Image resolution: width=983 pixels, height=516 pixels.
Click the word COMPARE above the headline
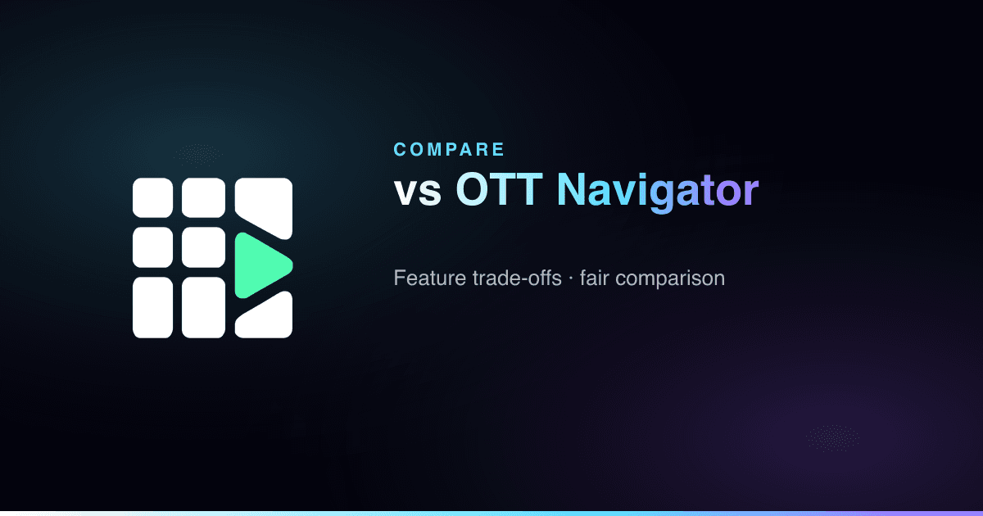tap(449, 150)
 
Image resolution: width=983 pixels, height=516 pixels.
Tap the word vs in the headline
tap(417, 192)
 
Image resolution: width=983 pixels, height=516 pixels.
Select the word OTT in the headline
tap(500, 189)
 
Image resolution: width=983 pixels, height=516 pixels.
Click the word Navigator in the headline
tap(657, 192)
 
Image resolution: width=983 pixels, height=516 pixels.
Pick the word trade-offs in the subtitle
tap(517, 278)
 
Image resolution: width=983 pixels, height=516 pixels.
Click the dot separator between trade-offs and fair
tap(571, 278)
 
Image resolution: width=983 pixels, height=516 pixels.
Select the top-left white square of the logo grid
tap(152, 197)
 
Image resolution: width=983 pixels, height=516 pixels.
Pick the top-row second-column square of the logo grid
tap(204, 197)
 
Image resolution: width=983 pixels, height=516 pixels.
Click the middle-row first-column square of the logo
tap(152, 247)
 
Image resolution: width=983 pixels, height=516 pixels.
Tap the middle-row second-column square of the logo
tap(204, 247)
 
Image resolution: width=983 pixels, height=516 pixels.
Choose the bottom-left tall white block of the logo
tap(152, 308)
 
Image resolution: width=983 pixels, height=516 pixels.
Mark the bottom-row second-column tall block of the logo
tap(204, 308)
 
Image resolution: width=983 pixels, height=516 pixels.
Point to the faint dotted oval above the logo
tap(198, 155)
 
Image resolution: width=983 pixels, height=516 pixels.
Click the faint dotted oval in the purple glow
tap(833, 438)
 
